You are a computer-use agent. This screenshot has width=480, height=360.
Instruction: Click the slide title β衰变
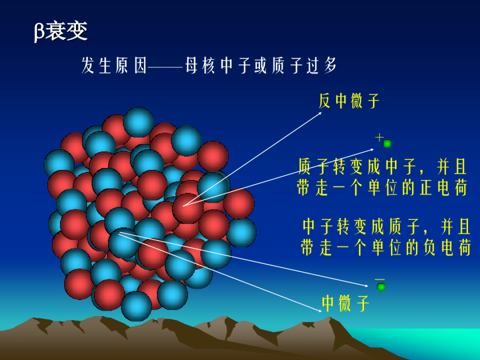click(61, 32)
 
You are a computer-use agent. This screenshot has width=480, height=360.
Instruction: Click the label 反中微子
click(349, 101)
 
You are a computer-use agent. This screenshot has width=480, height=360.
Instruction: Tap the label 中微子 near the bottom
click(346, 304)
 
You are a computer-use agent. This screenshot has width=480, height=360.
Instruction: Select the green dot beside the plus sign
click(387, 144)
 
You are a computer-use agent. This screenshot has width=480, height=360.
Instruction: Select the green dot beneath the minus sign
click(381, 287)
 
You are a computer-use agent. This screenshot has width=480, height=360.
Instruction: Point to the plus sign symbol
click(379, 137)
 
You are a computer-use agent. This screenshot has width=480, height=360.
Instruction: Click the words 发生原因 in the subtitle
click(114, 66)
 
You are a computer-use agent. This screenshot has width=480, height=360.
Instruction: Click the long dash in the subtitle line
click(165, 68)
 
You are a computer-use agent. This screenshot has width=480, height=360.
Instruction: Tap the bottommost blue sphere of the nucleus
click(136, 306)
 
